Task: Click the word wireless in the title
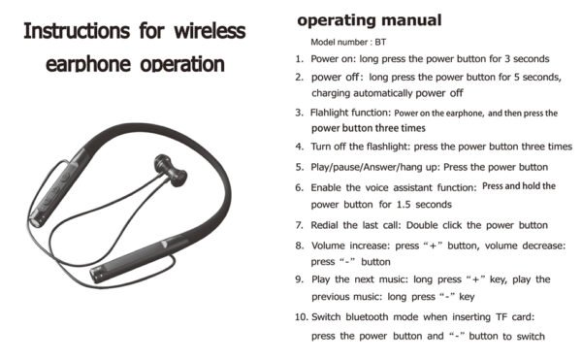[210, 30]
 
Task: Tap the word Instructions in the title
[77, 30]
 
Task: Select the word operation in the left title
[182, 64]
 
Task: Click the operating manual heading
[370, 20]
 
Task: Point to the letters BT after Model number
[380, 42]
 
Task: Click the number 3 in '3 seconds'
[507, 58]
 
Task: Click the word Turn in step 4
[321, 147]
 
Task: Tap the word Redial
[324, 225]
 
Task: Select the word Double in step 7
[422, 225]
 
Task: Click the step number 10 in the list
[301, 317]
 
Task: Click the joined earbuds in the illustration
[171, 170]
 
